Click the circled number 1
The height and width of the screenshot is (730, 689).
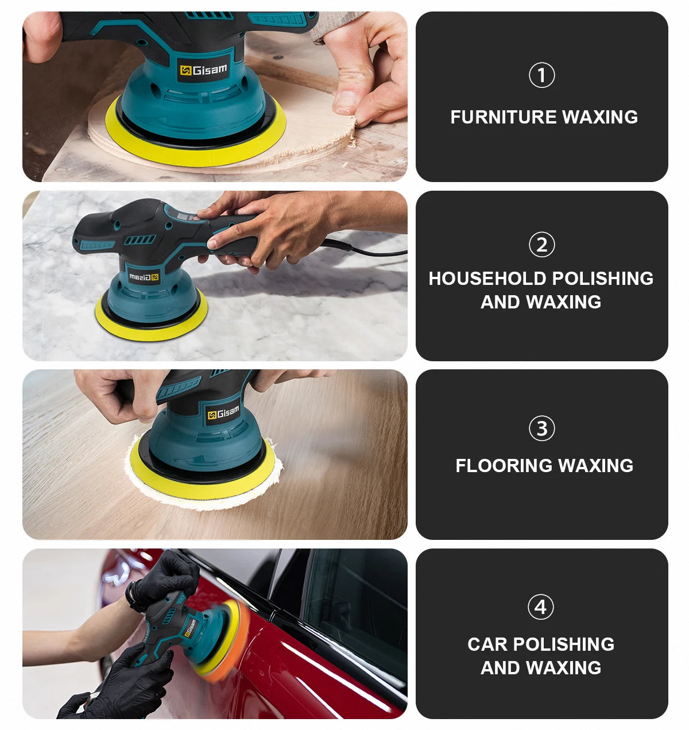[541, 75]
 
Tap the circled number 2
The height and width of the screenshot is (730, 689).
[541, 245]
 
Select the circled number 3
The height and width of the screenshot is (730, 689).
[541, 428]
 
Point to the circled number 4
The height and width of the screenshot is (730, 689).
[540, 607]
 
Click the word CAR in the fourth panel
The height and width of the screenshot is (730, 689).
[487, 644]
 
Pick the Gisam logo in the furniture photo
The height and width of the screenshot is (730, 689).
[203, 70]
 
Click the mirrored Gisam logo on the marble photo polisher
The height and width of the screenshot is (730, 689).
[144, 277]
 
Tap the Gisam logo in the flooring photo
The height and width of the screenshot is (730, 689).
[223, 412]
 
